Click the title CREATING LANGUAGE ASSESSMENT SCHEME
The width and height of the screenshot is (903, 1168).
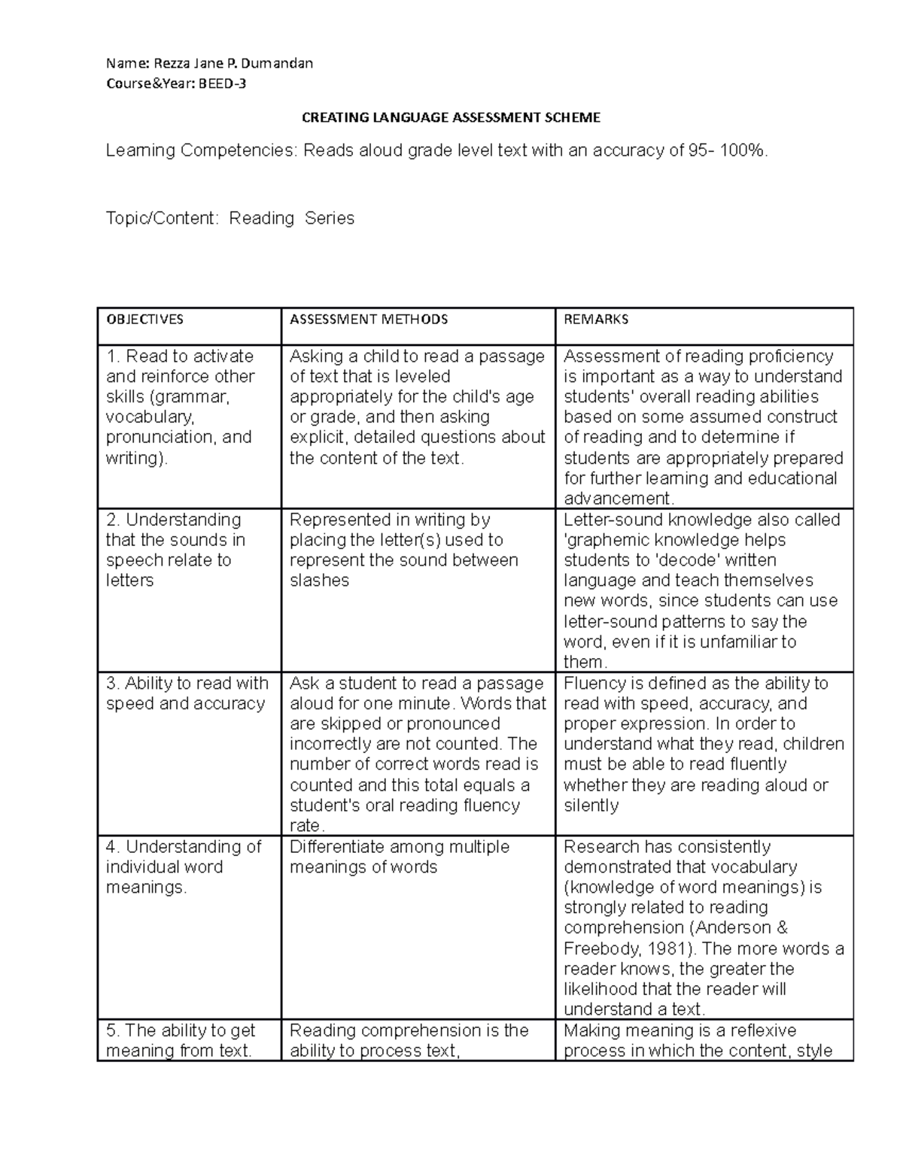tap(451, 117)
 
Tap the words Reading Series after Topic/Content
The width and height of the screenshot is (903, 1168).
tap(291, 218)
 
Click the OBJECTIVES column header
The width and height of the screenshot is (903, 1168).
tap(144, 320)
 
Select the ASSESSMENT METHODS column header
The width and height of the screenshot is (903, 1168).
tap(368, 320)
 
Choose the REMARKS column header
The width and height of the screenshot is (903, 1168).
tap(596, 320)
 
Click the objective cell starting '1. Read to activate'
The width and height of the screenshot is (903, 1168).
tap(180, 407)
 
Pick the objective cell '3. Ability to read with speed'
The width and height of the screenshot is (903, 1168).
tap(187, 693)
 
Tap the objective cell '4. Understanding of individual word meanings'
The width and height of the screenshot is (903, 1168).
tap(183, 867)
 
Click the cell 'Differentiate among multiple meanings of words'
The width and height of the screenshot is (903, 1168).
tap(399, 857)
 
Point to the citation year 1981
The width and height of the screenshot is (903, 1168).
tap(673, 948)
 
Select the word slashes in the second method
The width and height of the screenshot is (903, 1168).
tap(319, 581)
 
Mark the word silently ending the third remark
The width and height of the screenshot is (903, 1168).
tap(591, 805)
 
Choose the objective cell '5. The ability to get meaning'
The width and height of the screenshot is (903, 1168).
tap(180, 1040)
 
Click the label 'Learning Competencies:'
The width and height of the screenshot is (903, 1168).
tap(201, 151)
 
